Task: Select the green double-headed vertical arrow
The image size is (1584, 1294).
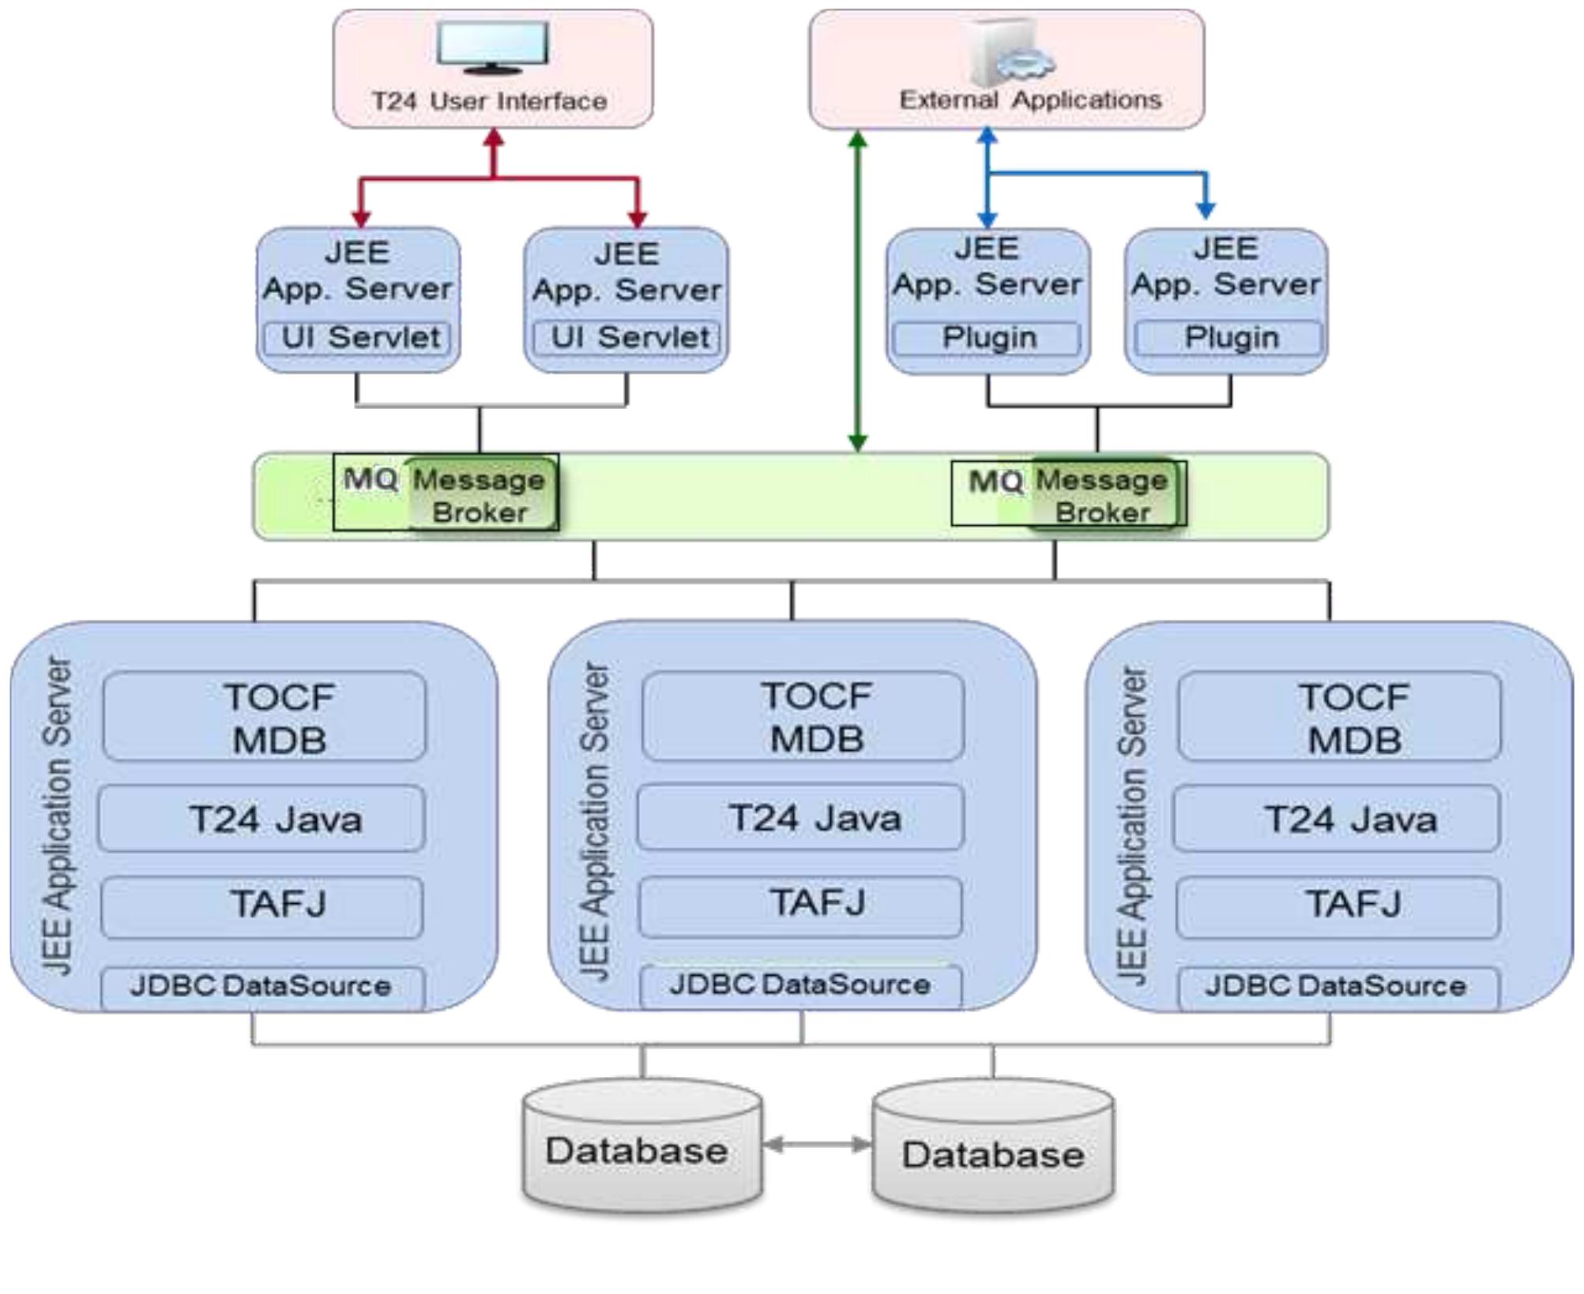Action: tap(857, 292)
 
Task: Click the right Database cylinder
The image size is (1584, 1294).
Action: tap(993, 1151)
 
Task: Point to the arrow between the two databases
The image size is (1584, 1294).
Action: tap(817, 1144)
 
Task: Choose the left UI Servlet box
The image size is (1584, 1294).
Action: tap(358, 338)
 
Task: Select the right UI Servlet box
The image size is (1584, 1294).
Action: tap(627, 338)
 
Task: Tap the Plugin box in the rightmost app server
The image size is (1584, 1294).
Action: tap(1228, 338)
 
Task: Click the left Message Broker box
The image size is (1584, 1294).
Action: tap(480, 495)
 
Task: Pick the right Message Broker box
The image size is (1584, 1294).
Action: tap(1103, 495)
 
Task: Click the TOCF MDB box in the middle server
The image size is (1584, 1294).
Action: tap(803, 717)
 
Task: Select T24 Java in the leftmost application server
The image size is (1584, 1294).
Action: tap(261, 819)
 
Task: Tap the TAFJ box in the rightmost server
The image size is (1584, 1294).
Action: tap(1338, 905)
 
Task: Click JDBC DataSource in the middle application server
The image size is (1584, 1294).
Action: tap(801, 985)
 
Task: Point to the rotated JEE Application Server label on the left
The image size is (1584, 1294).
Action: tap(57, 817)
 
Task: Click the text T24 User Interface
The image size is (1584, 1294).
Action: tap(490, 101)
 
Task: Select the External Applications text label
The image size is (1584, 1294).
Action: tap(1030, 100)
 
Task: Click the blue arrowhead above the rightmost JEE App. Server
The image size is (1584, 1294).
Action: tap(1206, 210)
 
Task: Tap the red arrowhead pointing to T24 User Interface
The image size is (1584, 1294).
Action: tap(494, 139)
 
